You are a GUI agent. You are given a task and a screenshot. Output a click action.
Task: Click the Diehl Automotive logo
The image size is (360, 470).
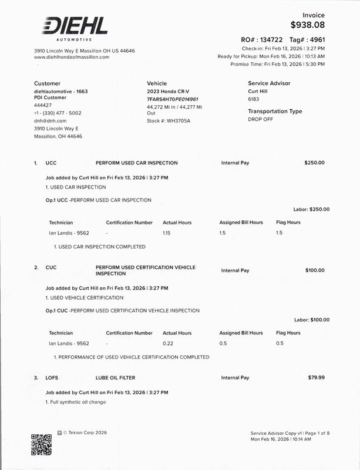click(74, 28)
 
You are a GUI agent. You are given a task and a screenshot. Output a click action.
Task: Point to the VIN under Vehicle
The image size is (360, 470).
click(172, 99)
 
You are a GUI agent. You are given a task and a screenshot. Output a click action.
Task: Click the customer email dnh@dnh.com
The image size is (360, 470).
click(50, 120)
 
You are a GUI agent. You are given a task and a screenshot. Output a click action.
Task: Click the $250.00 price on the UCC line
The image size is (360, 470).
click(314, 163)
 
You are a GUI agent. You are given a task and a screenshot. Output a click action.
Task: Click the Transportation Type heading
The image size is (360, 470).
click(275, 111)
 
